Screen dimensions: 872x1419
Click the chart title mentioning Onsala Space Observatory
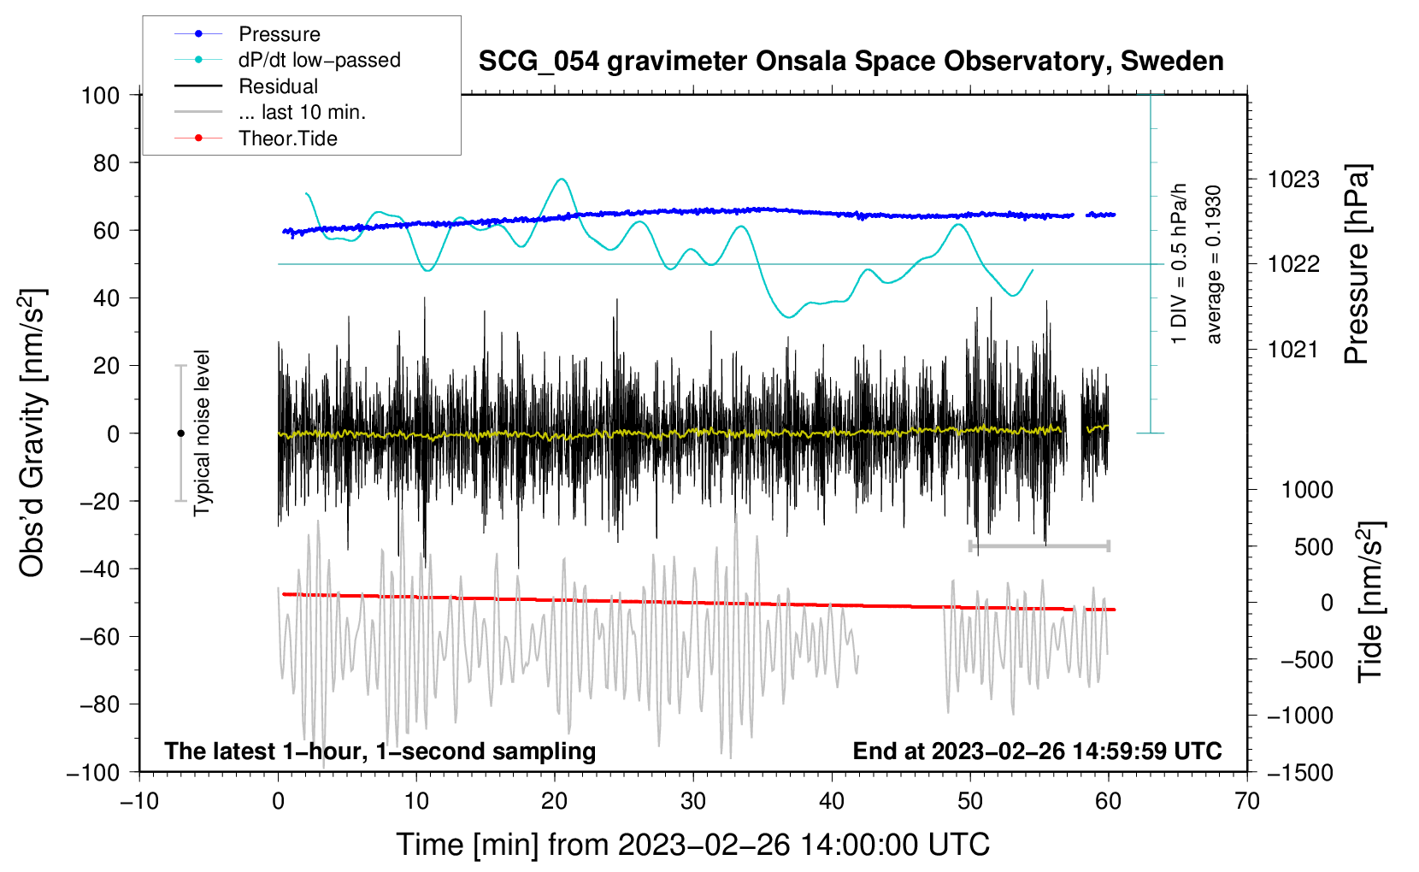(x=851, y=62)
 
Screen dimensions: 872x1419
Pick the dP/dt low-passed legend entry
(x=319, y=60)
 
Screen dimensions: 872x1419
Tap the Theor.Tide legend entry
(x=287, y=138)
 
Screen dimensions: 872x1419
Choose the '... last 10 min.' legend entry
(x=302, y=112)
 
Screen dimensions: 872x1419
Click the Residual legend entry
(x=278, y=86)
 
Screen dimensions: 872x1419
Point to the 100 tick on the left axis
(x=101, y=95)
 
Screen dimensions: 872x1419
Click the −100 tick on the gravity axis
(x=94, y=772)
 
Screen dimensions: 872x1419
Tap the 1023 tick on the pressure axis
(x=1293, y=180)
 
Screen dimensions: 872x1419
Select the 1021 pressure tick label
(x=1293, y=349)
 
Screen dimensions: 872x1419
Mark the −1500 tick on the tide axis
(x=1299, y=772)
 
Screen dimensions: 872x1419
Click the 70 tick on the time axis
(x=1247, y=801)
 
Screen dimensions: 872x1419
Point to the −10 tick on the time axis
(x=139, y=801)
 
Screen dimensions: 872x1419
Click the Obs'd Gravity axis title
(x=32, y=433)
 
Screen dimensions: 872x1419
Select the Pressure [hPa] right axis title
(x=1357, y=265)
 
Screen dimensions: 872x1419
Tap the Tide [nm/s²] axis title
(x=1370, y=603)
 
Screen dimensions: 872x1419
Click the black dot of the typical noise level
(x=180, y=433)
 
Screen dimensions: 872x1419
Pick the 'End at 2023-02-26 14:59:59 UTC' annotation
(x=1037, y=751)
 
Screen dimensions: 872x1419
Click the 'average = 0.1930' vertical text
(x=1214, y=265)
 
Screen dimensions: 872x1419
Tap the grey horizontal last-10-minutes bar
(x=1039, y=545)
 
